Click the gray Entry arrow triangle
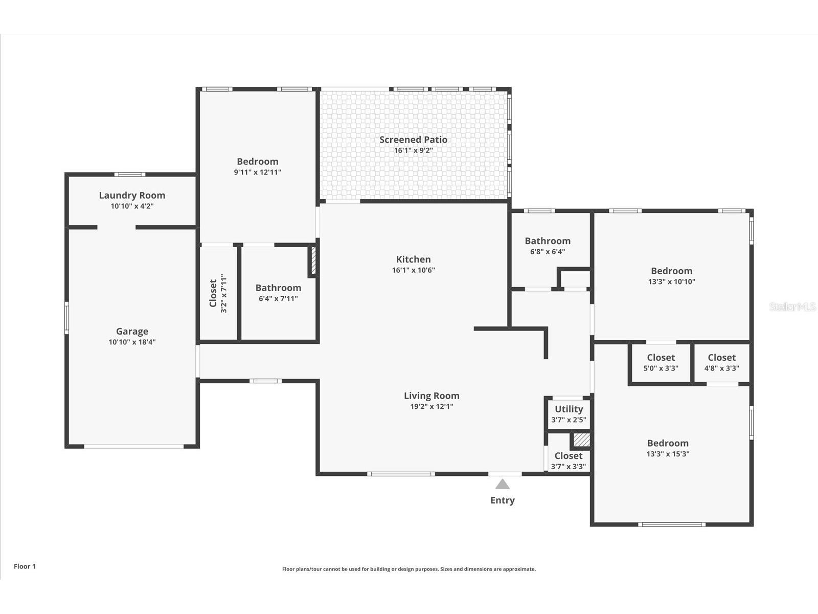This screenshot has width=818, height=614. click(x=503, y=485)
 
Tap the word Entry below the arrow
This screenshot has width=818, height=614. click(x=503, y=500)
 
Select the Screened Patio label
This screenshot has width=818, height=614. click(x=413, y=140)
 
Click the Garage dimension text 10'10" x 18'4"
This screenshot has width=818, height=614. click(x=132, y=342)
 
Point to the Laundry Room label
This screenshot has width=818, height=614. click(x=132, y=195)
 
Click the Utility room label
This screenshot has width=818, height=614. click(x=569, y=409)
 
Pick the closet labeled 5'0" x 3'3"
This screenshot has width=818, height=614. click(x=661, y=363)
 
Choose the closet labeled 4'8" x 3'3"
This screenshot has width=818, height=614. click(x=721, y=363)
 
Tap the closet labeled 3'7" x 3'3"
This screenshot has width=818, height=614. click(x=569, y=461)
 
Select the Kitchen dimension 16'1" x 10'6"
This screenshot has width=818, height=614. click(x=413, y=270)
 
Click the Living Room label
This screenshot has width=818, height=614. click(x=431, y=396)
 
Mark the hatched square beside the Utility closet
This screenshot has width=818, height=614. click(x=581, y=440)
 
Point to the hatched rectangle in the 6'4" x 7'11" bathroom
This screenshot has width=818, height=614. click(x=313, y=261)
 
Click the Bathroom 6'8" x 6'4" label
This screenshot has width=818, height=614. click(x=548, y=241)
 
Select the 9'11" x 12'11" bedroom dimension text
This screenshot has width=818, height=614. click(x=257, y=172)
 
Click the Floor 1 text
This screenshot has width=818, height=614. click(x=25, y=566)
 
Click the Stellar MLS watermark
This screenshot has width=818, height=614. click(x=792, y=307)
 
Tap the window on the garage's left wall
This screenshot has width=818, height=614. click(x=66, y=318)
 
